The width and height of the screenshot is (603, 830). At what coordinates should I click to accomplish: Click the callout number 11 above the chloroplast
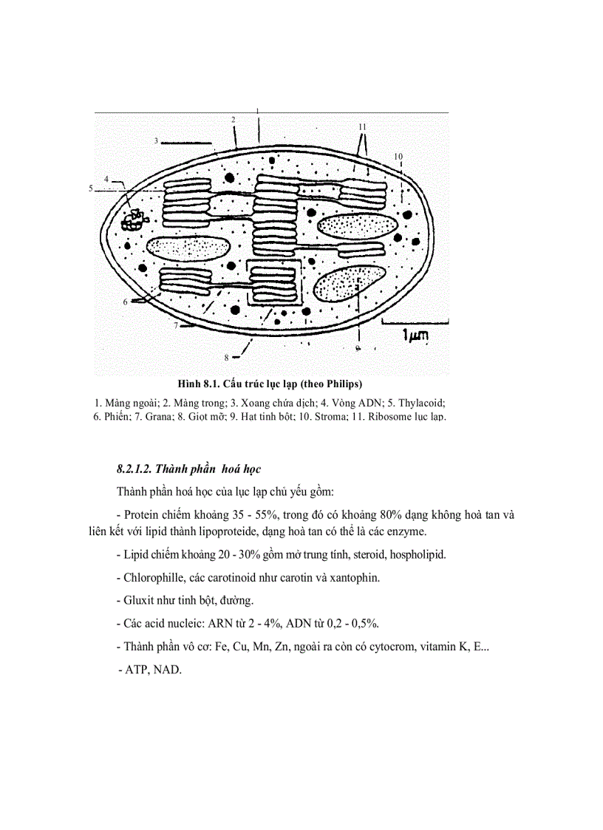pos(362,127)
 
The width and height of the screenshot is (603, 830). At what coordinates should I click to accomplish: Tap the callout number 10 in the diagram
pos(398,157)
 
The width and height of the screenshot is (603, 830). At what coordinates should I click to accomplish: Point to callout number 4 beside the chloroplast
pos(106,179)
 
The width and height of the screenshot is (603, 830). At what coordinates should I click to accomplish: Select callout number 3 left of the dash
pos(157,140)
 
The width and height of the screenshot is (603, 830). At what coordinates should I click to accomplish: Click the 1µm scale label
pos(415,336)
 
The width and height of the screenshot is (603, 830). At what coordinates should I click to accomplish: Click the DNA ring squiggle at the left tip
pos(134,218)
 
